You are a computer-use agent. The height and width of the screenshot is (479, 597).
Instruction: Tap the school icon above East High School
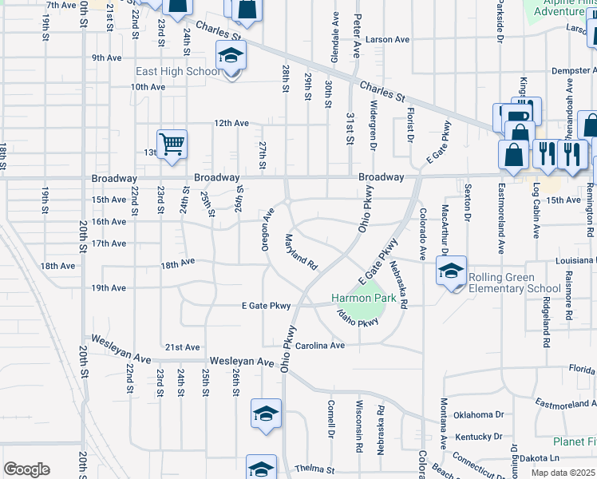[x=231, y=55]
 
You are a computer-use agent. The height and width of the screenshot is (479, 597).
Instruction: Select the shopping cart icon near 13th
[x=172, y=144]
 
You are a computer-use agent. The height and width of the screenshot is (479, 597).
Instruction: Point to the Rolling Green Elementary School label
[x=514, y=283]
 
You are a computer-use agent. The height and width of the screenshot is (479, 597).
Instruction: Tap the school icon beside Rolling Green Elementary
[x=451, y=271]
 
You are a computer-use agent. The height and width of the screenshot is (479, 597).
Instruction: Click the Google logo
[x=26, y=469]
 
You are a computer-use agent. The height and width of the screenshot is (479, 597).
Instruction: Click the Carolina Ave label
[x=319, y=346]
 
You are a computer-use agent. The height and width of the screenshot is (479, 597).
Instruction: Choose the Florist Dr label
[x=409, y=125]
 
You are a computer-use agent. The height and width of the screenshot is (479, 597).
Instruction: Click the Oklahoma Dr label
[x=479, y=414]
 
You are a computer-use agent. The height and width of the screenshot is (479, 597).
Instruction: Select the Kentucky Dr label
[x=479, y=437]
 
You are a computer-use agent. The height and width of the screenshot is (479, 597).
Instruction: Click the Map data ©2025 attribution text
[x=562, y=473]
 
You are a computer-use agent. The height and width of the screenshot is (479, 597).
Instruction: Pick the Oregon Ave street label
[x=269, y=228]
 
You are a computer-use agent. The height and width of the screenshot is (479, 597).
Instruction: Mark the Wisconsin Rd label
[x=359, y=426]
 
